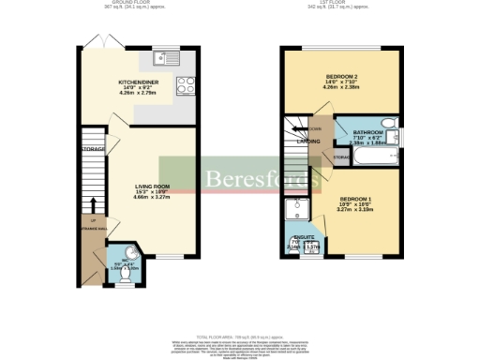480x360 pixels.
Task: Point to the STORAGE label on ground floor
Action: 92,148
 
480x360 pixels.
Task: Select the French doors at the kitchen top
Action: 94,42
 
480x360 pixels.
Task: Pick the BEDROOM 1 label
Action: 356,199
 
